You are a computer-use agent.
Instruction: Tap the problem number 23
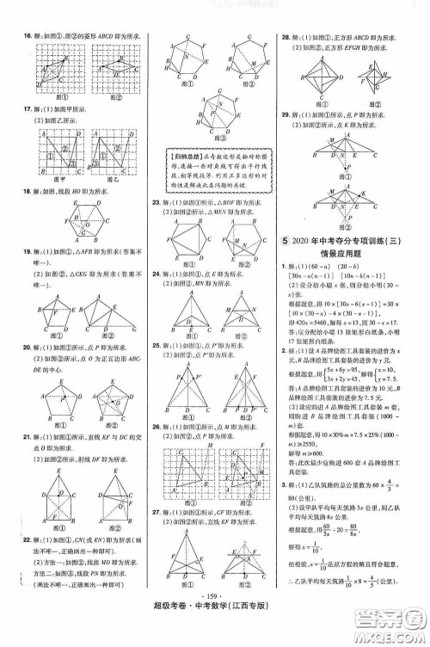157,225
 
